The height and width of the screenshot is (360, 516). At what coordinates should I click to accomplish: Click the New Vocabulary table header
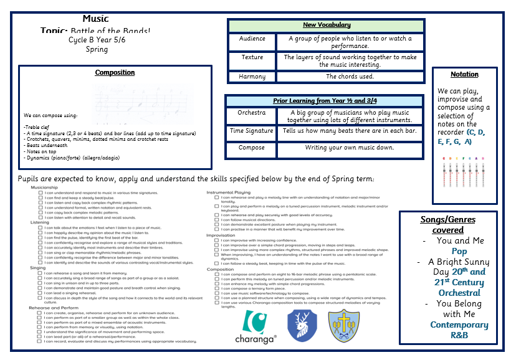326,26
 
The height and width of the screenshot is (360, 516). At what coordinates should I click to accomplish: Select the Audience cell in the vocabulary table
252,39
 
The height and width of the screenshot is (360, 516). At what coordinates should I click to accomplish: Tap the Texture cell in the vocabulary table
252,57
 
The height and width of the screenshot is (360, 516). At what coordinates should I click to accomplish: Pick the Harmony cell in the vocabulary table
252,77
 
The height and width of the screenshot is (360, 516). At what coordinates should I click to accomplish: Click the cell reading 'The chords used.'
350,77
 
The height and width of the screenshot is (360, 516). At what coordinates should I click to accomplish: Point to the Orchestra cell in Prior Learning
251,113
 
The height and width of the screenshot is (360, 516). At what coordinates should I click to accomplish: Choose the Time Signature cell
251,131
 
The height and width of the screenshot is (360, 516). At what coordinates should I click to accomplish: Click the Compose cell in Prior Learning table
251,148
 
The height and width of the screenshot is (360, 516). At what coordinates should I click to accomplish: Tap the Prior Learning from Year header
325,100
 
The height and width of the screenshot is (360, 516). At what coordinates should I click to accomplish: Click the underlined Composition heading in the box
115,73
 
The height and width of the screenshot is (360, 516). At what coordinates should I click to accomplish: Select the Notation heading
464,75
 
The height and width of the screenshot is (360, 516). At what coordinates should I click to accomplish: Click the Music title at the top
95,19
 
